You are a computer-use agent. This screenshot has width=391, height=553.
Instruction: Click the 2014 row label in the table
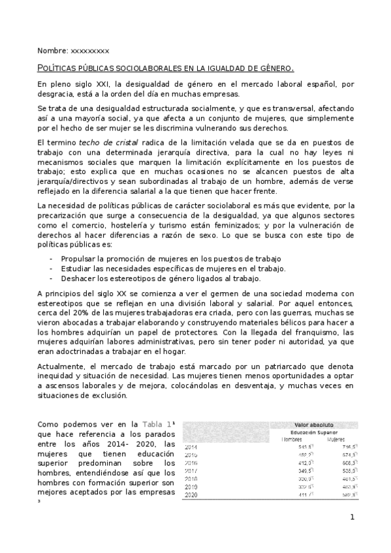point(191,447)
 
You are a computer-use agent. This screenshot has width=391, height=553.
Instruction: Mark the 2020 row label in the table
point(191,496)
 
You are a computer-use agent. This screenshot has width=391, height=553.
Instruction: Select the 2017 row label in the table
point(191,471)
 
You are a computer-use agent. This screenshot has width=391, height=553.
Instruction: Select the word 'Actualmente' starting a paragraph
point(61,366)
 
